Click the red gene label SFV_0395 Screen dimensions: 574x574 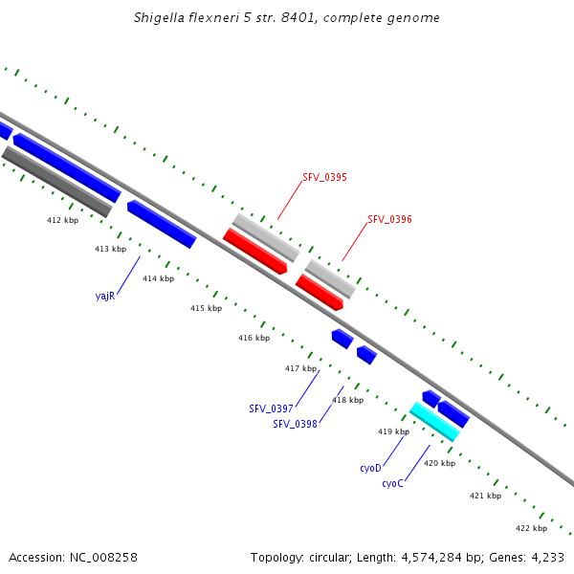(324, 177)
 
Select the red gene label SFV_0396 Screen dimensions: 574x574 (389, 219)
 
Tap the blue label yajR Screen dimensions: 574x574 (105, 296)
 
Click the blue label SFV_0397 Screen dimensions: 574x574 (271, 408)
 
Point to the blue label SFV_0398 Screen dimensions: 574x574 (295, 424)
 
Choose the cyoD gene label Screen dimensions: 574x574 (370, 468)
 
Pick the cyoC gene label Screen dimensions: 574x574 (392, 483)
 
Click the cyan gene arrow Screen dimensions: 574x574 (434, 421)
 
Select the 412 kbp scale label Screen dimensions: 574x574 (62, 220)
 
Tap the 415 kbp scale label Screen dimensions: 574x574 (206, 308)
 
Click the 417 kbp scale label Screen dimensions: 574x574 (300, 368)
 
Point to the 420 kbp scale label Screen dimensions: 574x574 (439, 463)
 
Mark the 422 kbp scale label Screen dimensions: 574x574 (531, 528)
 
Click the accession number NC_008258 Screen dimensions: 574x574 (102, 557)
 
